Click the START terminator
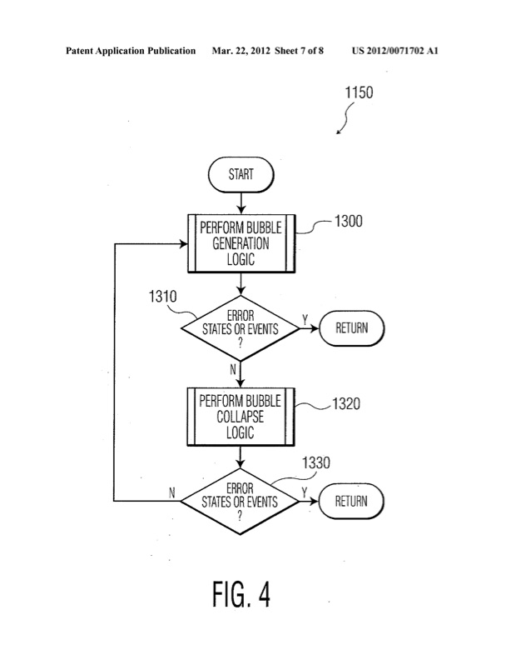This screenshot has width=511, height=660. pyautogui.click(x=241, y=175)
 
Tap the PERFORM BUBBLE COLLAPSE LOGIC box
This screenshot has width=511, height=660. pyautogui.click(x=240, y=416)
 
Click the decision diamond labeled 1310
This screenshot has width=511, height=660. pyautogui.click(x=240, y=327)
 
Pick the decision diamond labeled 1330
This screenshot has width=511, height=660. pyautogui.click(x=240, y=501)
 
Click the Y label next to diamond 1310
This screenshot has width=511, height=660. pyautogui.click(x=305, y=319)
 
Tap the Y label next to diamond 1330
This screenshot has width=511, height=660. pyautogui.click(x=305, y=492)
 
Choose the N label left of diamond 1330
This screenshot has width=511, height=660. pyautogui.click(x=172, y=492)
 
